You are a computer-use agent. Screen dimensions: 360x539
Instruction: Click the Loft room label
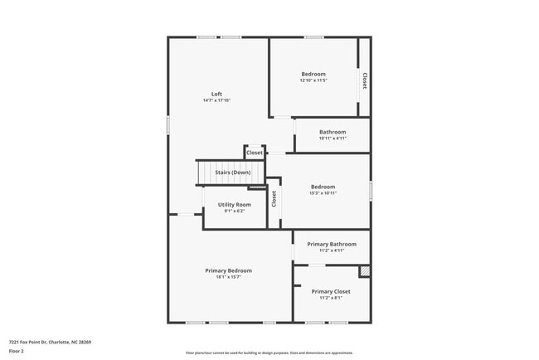click(216, 94)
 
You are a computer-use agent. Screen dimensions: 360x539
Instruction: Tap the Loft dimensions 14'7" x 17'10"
click(216, 100)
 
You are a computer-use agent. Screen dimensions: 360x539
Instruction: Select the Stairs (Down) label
click(233, 173)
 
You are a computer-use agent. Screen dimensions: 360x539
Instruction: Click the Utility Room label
click(234, 204)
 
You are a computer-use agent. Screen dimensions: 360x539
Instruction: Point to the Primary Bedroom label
click(229, 270)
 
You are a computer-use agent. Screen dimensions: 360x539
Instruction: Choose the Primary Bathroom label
click(332, 244)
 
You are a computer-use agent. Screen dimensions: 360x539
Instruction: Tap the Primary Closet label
click(331, 291)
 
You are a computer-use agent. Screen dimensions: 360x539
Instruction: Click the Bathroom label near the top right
click(333, 132)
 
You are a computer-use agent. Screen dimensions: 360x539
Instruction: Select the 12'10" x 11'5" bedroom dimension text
click(313, 80)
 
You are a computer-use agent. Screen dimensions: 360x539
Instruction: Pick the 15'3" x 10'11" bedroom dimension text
click(323, 192)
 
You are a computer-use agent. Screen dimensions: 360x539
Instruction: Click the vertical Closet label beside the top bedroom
click(364, 80)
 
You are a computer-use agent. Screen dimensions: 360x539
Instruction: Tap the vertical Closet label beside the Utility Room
click(274, 199)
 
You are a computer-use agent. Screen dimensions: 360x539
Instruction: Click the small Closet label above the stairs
click(255, 153)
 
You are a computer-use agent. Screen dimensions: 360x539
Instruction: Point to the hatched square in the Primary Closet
click(364, 271)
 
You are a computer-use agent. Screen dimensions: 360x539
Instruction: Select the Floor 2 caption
click(17, 351)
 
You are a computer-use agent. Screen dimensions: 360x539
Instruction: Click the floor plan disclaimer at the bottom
click(269, 352)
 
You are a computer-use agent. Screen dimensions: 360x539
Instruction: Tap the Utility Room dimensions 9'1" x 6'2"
click(234, 211)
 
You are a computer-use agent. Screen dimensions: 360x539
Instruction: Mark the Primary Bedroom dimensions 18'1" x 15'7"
click(229, 277)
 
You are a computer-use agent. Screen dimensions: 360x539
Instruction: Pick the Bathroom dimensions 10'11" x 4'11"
click(333, 139)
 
